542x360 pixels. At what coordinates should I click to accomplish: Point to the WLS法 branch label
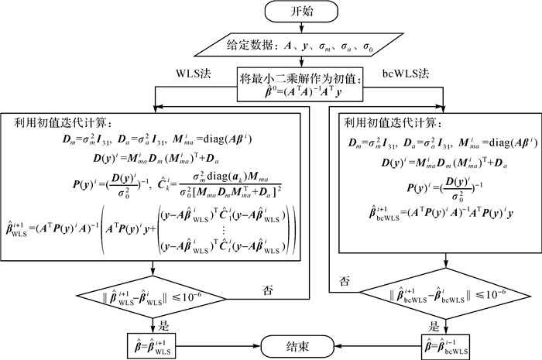click(x=193, y=74)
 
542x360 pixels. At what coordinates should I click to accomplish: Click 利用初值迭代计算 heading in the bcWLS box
click(x=391, y=123)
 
